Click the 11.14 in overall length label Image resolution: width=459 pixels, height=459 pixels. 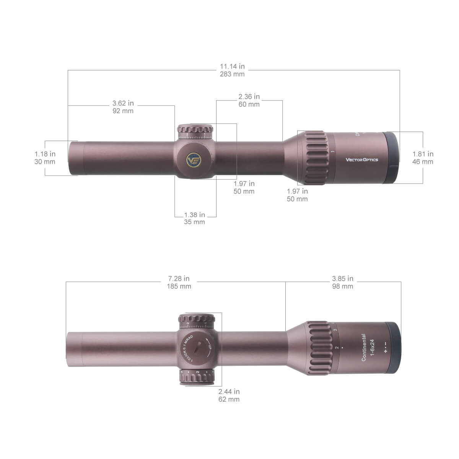click(232, 67)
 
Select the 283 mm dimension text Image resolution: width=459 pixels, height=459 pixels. click(232, 74)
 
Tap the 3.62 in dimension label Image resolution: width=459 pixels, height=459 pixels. click(123, 103)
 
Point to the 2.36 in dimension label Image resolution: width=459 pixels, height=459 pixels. click(249, 96)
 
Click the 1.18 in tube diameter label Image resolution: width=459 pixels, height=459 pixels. click(45, 154)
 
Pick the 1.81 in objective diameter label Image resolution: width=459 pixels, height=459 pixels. click(423, 154)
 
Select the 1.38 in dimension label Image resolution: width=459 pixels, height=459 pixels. click(194, 215)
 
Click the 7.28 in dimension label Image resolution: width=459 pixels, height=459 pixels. click(179, 278)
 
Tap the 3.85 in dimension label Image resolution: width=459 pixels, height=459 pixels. click(342, 278)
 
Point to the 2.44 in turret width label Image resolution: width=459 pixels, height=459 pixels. click(229, 391)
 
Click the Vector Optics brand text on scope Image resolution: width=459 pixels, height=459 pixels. click(361, 160)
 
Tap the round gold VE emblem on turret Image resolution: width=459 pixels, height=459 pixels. click(194, 160)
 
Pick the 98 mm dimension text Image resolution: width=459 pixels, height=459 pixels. click(342, 286)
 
